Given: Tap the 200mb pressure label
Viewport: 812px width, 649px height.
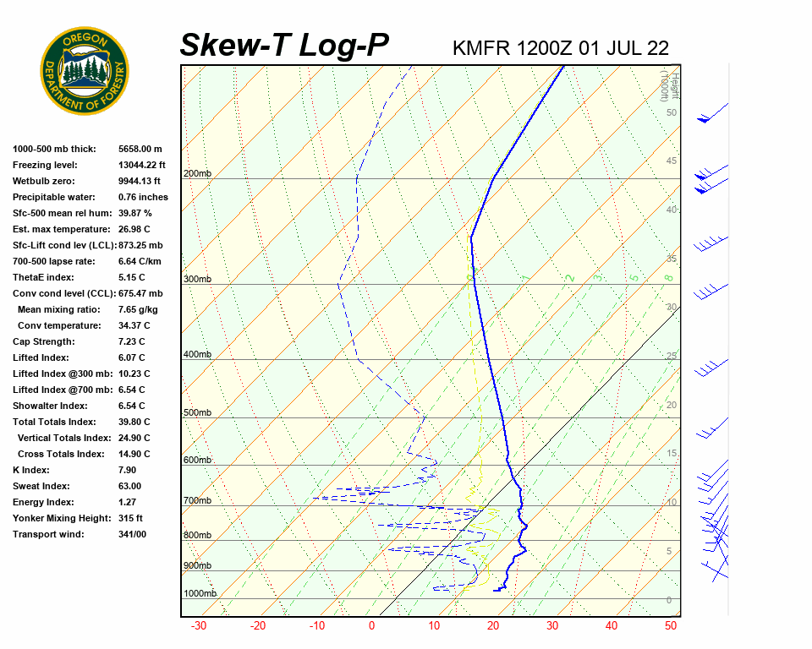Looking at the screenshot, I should [197, 174].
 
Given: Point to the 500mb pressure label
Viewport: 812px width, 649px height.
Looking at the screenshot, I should [197, 412].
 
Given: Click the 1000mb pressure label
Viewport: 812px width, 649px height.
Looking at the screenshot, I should [200, 593].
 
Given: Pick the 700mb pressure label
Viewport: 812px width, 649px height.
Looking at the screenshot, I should [197, 500].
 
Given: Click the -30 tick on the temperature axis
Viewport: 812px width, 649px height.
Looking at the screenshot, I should [199, 626].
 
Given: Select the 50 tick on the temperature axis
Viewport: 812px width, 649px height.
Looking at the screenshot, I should [671, 626].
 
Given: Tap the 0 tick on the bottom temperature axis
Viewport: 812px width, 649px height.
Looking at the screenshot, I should [371, 626].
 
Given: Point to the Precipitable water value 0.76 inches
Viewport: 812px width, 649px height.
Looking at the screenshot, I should [143, 197].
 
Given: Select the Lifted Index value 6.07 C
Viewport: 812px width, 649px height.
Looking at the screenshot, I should [132, 357].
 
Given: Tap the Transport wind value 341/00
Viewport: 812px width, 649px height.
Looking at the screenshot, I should [132, 534].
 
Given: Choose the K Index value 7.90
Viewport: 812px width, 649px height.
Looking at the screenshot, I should [129, 470].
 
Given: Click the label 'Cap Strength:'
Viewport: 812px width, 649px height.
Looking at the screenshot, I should [43, 341].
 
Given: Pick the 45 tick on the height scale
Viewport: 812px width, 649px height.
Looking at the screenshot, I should [672, 161].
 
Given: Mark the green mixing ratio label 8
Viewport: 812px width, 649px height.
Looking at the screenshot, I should [667, 277].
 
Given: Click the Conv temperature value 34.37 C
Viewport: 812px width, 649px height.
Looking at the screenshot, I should [134, 325].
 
